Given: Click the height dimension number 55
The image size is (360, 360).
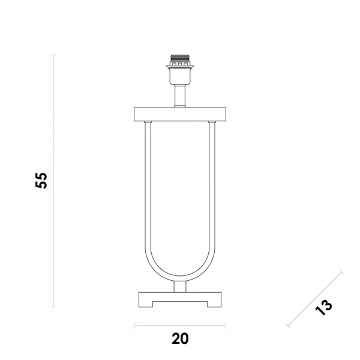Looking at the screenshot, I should click(41, 180).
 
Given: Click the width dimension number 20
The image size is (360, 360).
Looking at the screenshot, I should click(180, 339).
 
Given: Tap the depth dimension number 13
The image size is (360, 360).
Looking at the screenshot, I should click(323, 307).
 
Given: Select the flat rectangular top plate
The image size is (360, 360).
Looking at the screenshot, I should click(180, 113).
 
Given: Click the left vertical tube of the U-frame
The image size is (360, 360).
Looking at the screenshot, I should click(146, 192).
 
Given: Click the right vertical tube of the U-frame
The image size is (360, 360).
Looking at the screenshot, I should click(213, 192).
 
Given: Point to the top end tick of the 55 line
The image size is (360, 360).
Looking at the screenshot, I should click(55, 55).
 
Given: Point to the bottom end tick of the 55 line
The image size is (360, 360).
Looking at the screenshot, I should click(55, 307).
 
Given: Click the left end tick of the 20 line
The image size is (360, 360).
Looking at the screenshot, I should click(134, 327).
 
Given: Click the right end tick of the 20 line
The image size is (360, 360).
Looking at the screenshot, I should click(226, 327).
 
